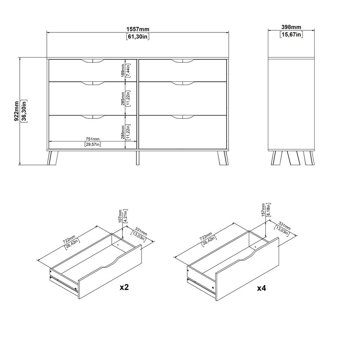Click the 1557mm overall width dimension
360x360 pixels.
coord(138,29)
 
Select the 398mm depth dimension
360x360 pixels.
coord(291,27)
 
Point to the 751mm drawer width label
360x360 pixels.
coord(93,139)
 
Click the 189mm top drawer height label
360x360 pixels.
coord(123,70)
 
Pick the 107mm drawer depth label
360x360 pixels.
coord(120,216)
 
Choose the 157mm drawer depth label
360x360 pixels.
coord(263,210)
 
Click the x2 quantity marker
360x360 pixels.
coord(124,287)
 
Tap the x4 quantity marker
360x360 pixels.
coord(261,288)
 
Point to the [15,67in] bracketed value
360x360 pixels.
coord(291,35)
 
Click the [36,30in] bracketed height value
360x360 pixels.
coord(24,111)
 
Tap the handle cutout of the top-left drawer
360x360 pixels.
coord(93,61)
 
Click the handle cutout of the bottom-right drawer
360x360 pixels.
coord(183,117)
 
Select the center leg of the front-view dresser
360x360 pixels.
coord(138,158)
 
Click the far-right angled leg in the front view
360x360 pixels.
coord(223,158)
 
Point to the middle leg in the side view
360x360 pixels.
coord(293,158)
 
